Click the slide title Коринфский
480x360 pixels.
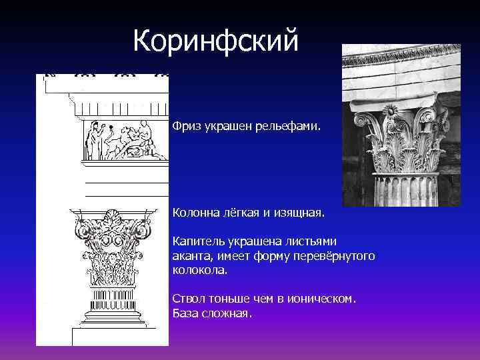coord(215,41)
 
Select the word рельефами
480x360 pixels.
coord(297,125)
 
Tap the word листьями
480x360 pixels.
coord(313,241)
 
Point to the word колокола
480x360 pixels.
coord(199,271)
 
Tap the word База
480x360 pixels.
coord(185,313)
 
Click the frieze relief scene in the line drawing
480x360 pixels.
coord(124,139)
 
